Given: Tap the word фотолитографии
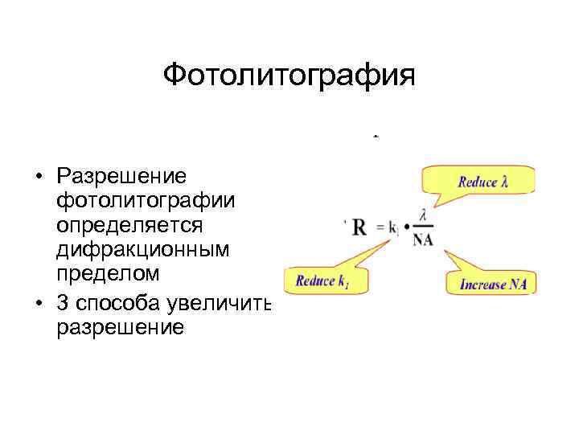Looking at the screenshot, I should (x=144, y=199).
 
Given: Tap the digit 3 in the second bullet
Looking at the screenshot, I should (x=62, y=304).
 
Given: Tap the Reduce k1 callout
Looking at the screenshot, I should (x=321, y=280).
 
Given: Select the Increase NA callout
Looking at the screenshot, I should (x=491, y=283).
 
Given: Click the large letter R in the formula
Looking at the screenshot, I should (x=359, y=227).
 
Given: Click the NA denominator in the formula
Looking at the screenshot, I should (x=422, y=240).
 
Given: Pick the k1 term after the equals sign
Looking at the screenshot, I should (x=393, y=229).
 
